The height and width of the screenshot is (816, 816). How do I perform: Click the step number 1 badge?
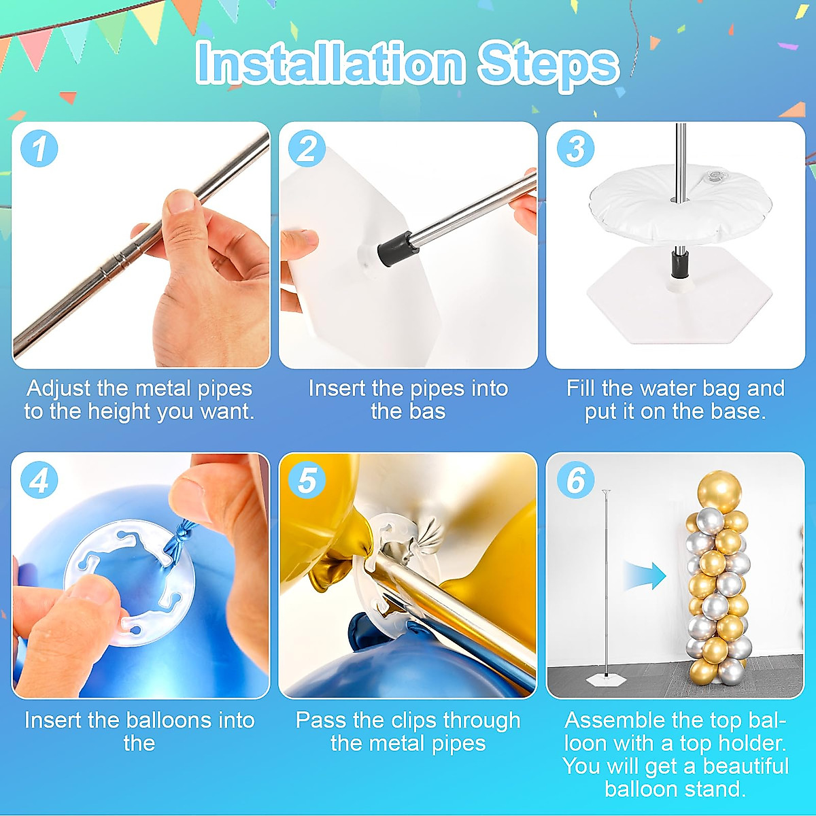(39, 149)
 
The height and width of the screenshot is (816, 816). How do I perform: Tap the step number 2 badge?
(307, 149)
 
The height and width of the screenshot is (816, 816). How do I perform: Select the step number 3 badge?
(575, 149)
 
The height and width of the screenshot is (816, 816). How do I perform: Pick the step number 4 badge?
(39, 481)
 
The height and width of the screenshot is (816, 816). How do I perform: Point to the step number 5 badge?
(307, 481)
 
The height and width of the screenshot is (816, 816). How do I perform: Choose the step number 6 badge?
(575, 481)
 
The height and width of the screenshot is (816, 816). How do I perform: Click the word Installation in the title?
(330, 63)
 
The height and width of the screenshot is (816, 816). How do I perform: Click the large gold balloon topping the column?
(719, 492)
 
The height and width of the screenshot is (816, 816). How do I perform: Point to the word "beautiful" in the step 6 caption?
(746, 766)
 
